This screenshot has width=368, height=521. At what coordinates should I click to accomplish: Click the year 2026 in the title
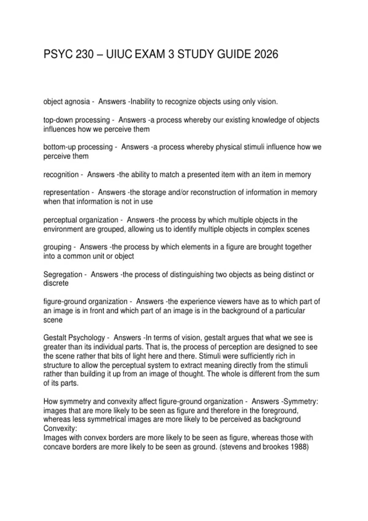click(266, 55)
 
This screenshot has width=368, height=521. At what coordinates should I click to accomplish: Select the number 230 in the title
click(84, 55)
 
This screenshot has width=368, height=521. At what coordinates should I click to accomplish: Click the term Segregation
click(63, 275)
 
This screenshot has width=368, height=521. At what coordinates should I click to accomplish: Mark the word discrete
click(56, 283)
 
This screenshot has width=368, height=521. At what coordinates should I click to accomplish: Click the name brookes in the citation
click(275, 447)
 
